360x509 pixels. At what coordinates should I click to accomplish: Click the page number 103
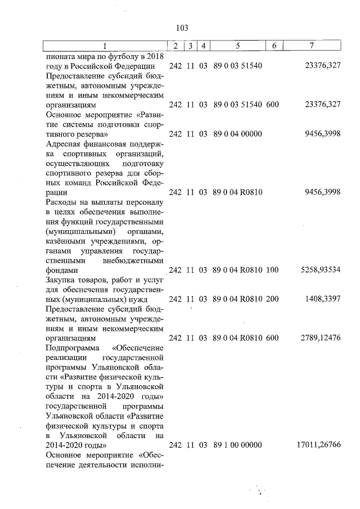coord(181,28)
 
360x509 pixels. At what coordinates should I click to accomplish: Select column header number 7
coord(312,46)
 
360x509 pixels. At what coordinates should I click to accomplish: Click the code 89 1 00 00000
coord(238,444)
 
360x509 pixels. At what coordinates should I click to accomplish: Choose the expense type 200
coord(272,299)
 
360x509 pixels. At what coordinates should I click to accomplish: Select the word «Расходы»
coord(59,202)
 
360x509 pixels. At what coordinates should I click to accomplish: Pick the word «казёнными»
coord(66,241)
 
